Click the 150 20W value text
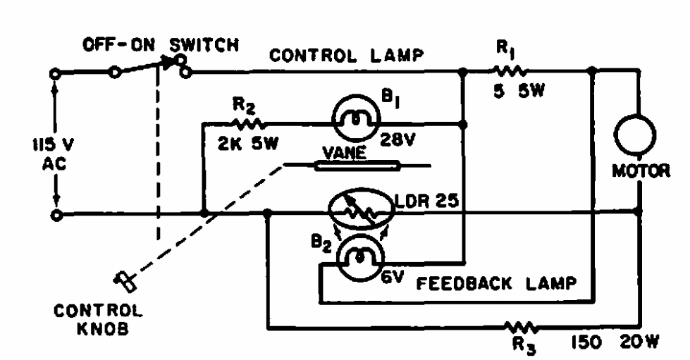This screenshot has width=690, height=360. pyautogui.click(x=614, y=343)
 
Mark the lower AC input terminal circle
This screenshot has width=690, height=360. pyautogui.click(x=56, y=213)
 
